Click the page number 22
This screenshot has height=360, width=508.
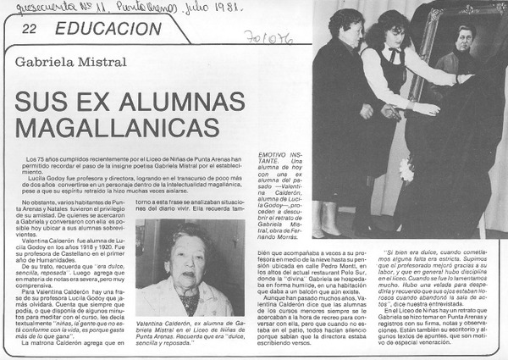click(29, 28)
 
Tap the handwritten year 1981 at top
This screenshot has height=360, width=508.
click(218, 8)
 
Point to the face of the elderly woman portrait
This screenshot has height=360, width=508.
click(187, 254)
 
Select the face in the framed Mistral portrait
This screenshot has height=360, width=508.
click(464, 38)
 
